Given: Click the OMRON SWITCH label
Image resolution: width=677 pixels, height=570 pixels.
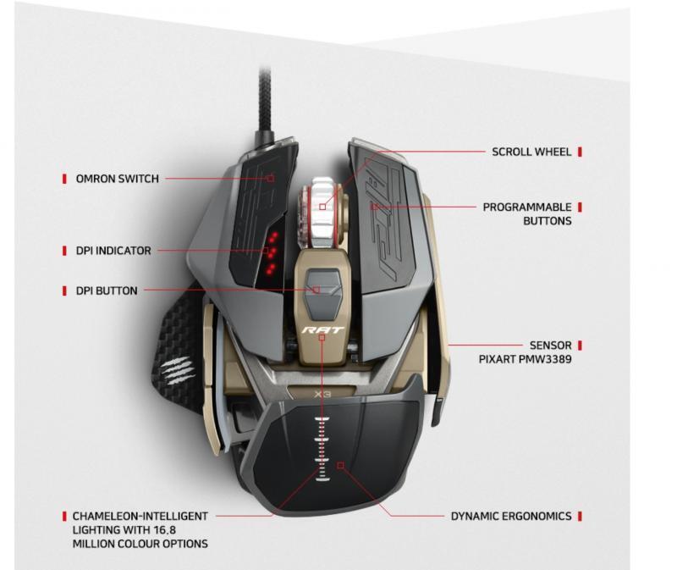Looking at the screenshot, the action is tap(118, 179).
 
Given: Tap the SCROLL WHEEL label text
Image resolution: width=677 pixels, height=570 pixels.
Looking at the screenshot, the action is tap(531, 152).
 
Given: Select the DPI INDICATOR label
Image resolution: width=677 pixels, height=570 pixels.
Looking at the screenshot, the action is tap(113, 251).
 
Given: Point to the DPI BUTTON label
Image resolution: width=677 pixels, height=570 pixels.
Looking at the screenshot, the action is tap(107, 291).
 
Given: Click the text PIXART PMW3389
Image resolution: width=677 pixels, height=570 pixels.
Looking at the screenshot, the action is tap(525, 359).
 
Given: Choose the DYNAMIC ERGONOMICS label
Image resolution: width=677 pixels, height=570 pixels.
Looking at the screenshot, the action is tap(511, 516).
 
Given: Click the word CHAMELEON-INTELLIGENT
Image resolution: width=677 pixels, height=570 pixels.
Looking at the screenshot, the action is tap(140, 516).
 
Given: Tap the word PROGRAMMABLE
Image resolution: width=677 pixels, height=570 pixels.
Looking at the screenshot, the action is tap(527, 207).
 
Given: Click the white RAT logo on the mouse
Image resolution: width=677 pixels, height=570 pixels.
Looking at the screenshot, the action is tap(322, 330).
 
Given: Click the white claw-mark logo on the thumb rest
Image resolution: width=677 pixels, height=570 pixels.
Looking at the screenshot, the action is tap(176, 371).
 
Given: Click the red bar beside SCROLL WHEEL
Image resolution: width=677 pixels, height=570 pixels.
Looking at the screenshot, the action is tap(580, 152).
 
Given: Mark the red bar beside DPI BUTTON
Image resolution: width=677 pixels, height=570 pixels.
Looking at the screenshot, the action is tap(65, 291).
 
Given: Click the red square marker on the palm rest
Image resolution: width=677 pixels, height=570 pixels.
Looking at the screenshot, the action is tap(341, 466).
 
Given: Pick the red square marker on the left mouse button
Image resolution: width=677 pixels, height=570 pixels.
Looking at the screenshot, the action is tap(271, 178).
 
